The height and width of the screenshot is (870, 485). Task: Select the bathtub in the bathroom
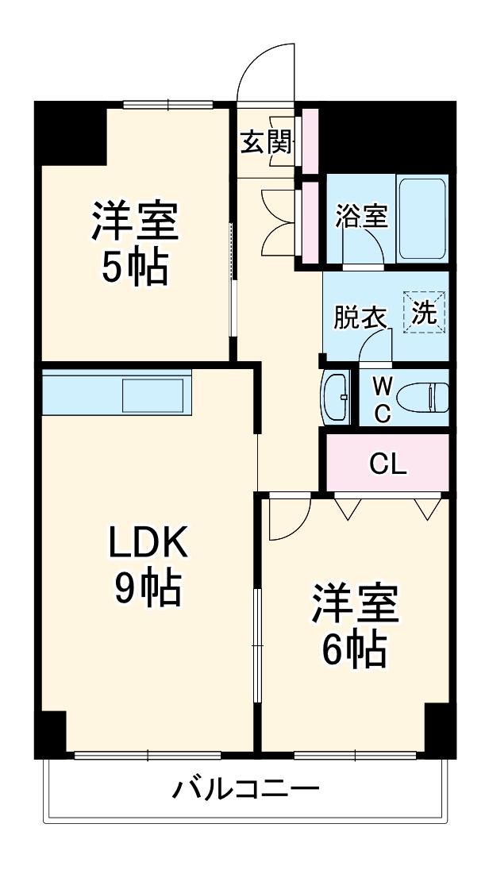pos(421,218)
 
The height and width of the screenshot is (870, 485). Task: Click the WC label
pos(382,400)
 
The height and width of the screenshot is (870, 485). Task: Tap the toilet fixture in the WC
pos(429,397)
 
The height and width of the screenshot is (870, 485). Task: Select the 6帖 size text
pos(353,649)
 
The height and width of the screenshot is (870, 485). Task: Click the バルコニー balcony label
pos(246,789)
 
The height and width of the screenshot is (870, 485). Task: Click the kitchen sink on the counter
pos(154,395)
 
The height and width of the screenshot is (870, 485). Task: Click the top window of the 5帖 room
pos(168,103)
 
